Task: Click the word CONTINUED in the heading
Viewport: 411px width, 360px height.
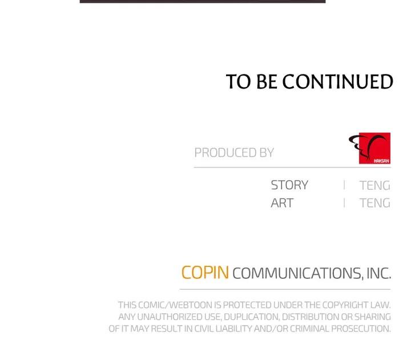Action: point(337,81)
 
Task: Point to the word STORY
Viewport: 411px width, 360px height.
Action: point(289,185)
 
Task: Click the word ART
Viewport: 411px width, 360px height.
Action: point(282,203)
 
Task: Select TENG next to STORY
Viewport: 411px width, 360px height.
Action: point(375,185)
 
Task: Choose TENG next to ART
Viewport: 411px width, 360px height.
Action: point(375,203)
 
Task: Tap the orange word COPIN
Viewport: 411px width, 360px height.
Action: point(205,273)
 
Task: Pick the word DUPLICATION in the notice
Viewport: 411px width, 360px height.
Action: point(252,317)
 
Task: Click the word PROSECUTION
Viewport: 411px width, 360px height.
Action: point(361,329)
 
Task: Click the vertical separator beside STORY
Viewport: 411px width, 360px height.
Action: point(344,185)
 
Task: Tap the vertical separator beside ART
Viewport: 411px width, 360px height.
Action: point(344,203)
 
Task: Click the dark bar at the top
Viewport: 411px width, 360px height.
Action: point(203,1)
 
